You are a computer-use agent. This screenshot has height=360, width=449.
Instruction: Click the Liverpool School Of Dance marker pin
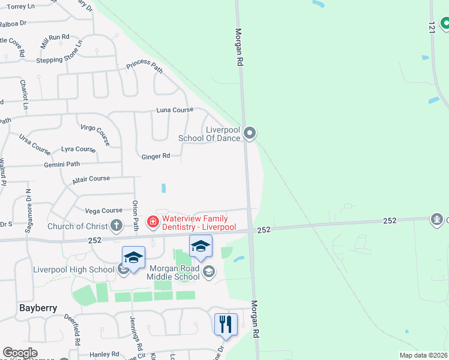pos(250,133)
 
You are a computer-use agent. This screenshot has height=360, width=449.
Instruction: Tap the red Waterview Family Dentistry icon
pos(152,223)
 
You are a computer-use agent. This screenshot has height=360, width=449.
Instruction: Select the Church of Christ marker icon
pos(116,226)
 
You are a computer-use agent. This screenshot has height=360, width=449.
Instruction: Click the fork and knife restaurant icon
pos(226,324)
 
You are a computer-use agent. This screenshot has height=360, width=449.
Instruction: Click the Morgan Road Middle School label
pos(174,272)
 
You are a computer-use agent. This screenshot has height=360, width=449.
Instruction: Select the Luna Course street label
pos(175,110)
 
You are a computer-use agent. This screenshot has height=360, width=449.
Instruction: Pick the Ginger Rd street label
pos(155,157)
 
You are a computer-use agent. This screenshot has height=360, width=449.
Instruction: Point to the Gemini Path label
pos(61,164)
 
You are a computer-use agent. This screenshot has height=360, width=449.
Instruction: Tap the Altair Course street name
pos(91,179)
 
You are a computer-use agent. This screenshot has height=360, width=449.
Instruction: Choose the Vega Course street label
pos(103,211)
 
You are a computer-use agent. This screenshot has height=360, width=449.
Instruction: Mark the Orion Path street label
pos(136,215)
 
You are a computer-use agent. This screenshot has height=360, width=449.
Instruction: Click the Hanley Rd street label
pos(104,355)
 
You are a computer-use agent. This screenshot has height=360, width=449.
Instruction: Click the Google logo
pos(20,353)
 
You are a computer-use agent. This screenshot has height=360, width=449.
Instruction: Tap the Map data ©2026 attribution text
pos(423,355)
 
